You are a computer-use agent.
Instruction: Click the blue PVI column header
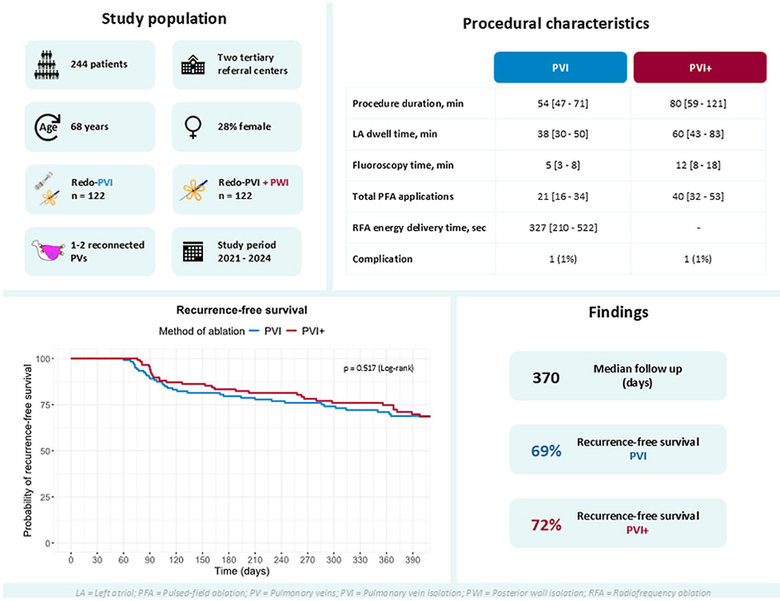pyautogui.click(x=560, y=67)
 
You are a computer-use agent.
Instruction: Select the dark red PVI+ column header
pyautogui.click(x=700, y=67)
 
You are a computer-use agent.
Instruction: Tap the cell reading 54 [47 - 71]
pyautogui.click(x=562, y=104)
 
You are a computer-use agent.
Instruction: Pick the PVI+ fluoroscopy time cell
pyautogui.click(x=698, y=166)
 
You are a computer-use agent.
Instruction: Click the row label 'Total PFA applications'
pyautogui.click(x=403, y=197)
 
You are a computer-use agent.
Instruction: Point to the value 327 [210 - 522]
pyautogui.click(x=563, y=228)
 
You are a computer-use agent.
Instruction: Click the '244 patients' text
pyautogui.click(x=99, y=64)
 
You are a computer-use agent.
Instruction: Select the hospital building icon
pyautogui.click(x=193, y=64)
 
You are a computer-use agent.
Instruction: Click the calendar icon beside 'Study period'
pyautogui.click(x=193, y=252)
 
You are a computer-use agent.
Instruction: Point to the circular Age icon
pyautogui.click(x=47, y=127)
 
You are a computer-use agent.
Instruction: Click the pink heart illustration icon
pyautogui.click(x=48, y=251)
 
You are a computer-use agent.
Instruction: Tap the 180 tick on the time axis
pyautogui.click(x=229, y=560)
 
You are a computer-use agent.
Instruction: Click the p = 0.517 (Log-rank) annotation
pyautogui.click(x=378, y=368)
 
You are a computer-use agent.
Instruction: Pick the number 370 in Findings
pyautogui.click(x=546, y=378)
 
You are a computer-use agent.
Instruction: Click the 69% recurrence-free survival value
pyautogui.click(x=546, y=450)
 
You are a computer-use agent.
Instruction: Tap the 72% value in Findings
pyautogui.click(x=546, y=525)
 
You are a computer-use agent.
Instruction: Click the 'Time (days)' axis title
pyautogui.click(x=241, y=571)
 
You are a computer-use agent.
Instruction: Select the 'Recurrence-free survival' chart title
pyautogui.click(x=241, y=310)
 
